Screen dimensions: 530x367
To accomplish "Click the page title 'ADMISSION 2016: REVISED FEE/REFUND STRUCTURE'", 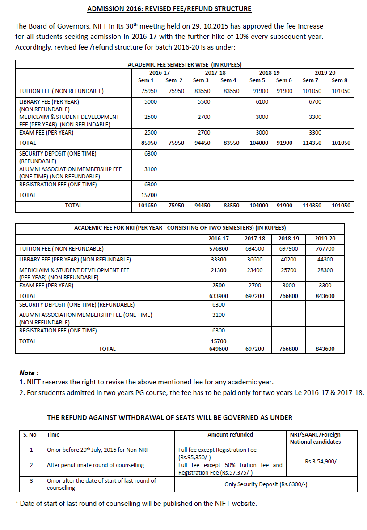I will click(x=169, y=9).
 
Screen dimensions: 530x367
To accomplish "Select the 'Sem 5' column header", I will click(x=255, y=80).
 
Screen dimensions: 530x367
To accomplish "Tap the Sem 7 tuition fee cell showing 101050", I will click(x=312, y=91).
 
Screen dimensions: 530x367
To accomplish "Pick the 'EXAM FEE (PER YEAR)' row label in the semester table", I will click(x=46, y=133).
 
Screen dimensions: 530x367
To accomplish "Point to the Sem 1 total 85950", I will click(x=146, y=143).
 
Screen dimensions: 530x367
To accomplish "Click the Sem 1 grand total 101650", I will click(x=146, y=206).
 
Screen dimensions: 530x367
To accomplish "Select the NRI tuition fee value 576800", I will click(x=219, y=249).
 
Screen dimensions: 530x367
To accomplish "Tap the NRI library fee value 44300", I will click(x=325, y=260).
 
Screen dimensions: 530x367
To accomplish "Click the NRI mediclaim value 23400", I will click(x=255, y=270).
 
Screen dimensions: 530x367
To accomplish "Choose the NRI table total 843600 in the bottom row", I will click(x=325, y=349).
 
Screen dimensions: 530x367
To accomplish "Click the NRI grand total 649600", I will click(x=219, y=349).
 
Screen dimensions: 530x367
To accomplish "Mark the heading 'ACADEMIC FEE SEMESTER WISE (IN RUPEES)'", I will click(x=185, y=65).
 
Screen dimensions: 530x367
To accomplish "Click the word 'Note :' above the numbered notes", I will click(x=29, y=373).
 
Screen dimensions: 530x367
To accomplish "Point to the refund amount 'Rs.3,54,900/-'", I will click(x=321, y=461).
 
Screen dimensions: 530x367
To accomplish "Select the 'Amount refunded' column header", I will click(x=230, y=434).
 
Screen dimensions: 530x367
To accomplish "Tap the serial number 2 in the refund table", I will click(x=31, y=465).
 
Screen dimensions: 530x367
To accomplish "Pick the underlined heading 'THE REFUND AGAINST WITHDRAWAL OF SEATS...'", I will click(x=169, y=418).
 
